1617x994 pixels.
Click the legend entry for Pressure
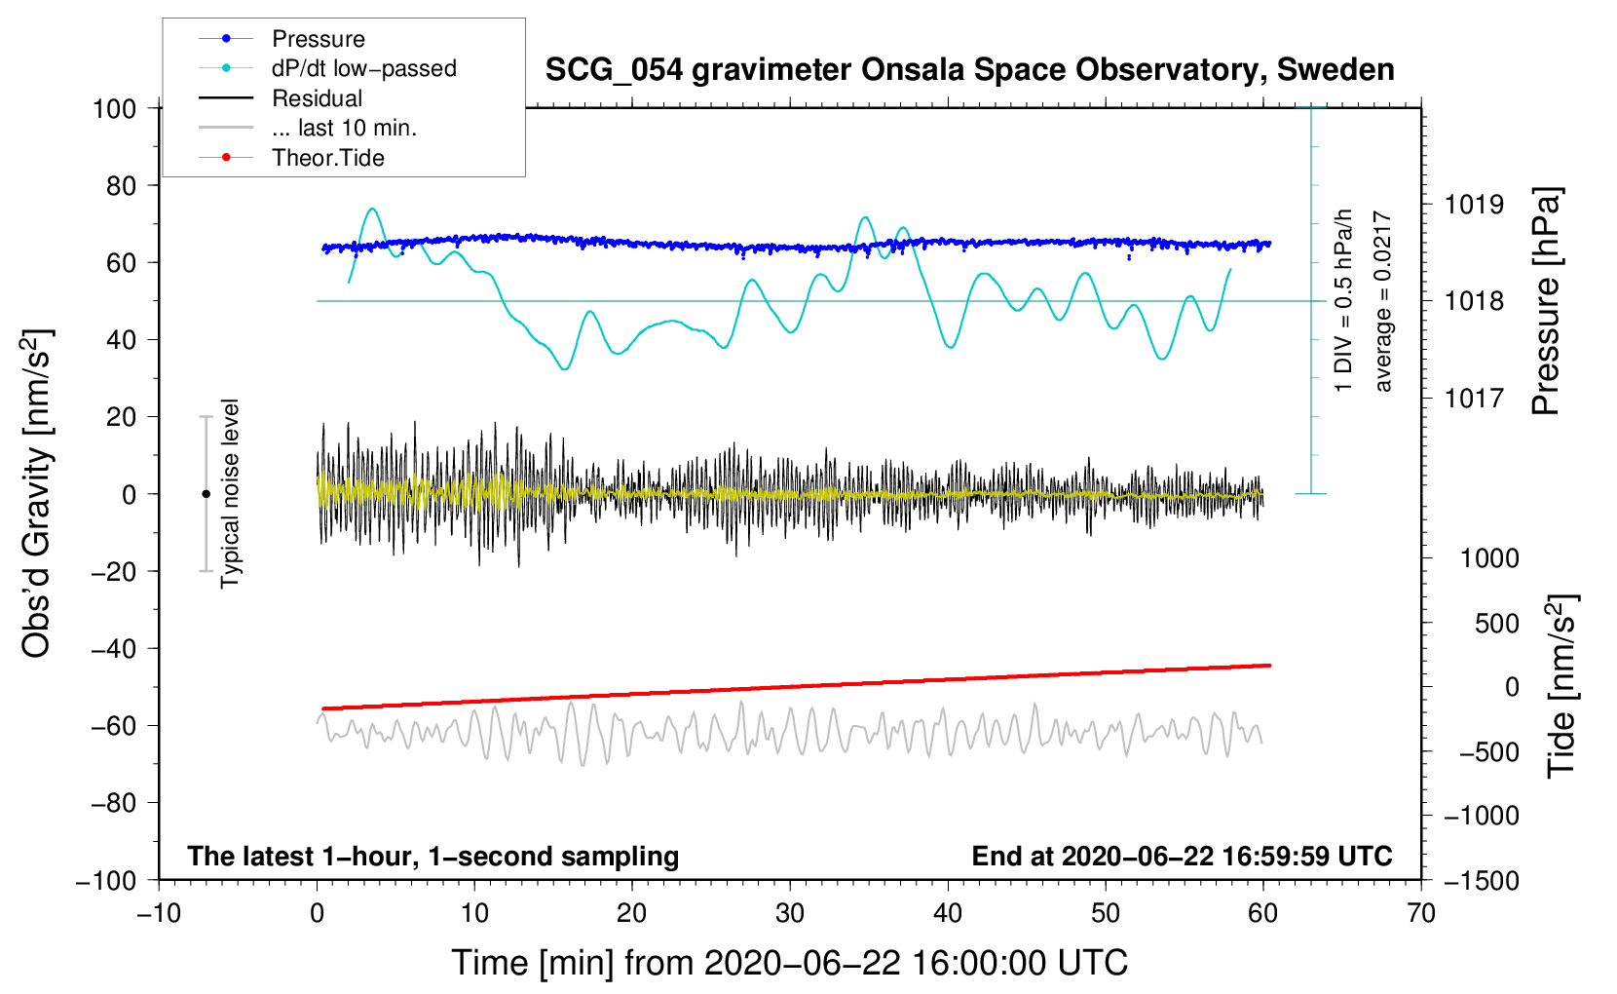[318, 39]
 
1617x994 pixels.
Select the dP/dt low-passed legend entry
[363, 68]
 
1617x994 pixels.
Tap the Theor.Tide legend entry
[327, 158]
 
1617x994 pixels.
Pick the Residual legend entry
[317, 98]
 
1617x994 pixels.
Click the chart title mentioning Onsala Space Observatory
[969, 70]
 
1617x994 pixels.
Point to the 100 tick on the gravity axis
[114, 108]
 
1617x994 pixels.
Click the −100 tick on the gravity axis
[107, 880]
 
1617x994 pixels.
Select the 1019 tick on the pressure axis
[1474, 205]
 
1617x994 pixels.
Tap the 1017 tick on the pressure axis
[1474, 398]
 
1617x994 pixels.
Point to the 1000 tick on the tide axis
[1489, 558]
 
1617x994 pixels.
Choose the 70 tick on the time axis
[1421, 913]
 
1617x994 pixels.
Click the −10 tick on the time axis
[159, 913]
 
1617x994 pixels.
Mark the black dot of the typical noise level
[206, 494]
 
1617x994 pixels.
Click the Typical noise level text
[230, 493]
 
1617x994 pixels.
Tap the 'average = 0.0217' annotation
[1382, 302]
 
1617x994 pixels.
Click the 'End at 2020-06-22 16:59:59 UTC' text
[1182, 856]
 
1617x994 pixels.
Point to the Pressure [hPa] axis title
[1546, 301]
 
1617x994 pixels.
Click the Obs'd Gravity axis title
[36, 493]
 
